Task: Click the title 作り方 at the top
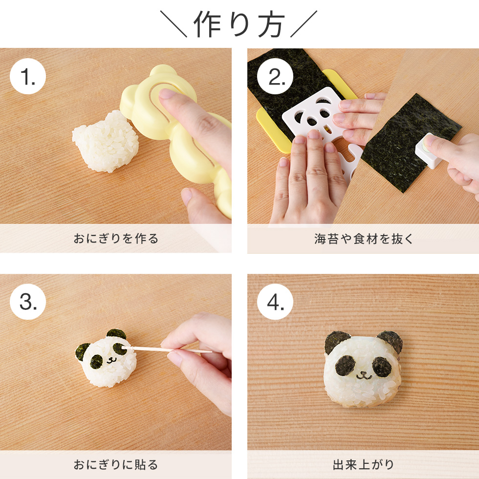[x=239, y=24]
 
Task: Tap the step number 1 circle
[x=28, y=76]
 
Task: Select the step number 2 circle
[x=275, y=76]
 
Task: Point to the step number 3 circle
[x=28, y=302]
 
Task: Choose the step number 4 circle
[x=275, y=302]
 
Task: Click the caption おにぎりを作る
[x=116, y=239]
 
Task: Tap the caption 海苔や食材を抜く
[x=364, y=239]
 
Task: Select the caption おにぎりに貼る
[x=116, y=465]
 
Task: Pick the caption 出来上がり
[x=364, y=465]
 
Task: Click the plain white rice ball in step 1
[x=106, y=141]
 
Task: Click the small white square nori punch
[x=428, y=151]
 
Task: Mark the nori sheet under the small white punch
[x=411, y=143]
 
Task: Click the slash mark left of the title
[x=174, y=24]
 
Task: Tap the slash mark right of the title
[x=304, y=24]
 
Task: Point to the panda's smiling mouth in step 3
[x=111, y=361]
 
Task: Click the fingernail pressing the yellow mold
[x=166, y=93]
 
